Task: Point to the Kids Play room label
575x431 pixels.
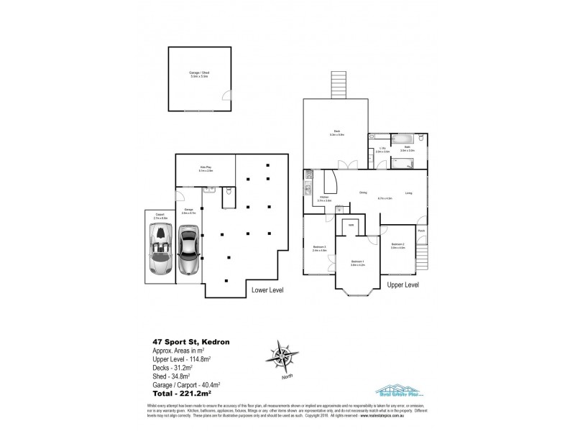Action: coord(206,168)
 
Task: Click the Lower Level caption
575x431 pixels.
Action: coord(266,290)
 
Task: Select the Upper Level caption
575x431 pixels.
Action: coord(403,284)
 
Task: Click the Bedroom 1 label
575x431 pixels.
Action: coord(358,262)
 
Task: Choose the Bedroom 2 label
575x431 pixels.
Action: coord(398,246)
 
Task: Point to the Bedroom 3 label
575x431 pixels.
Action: coord(319,249)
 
